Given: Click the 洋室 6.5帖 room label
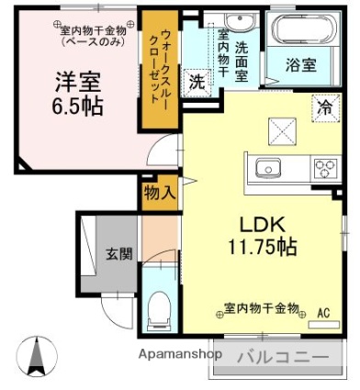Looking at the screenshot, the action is (77, 95).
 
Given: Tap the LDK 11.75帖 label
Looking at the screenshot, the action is (263, 236).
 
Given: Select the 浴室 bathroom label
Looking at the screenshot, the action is (301, 64).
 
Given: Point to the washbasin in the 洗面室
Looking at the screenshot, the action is (239, 21).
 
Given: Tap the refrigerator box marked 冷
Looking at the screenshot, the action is (326, 108).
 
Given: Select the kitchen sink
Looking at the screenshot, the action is (268, 169).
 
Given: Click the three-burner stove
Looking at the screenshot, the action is (326, 169).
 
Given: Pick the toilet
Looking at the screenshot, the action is (159, 310).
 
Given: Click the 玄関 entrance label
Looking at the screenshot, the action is (119, 254).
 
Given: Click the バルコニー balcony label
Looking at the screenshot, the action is (283, 357).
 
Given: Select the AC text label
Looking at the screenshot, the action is (323, 313).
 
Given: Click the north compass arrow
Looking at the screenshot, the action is (37, 356).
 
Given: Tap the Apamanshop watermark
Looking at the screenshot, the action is (180, 354).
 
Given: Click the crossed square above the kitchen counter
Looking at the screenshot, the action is (282, 131).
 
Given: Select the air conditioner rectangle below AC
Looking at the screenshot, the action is (324, 325).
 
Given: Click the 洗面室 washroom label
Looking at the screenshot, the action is (242, 62).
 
